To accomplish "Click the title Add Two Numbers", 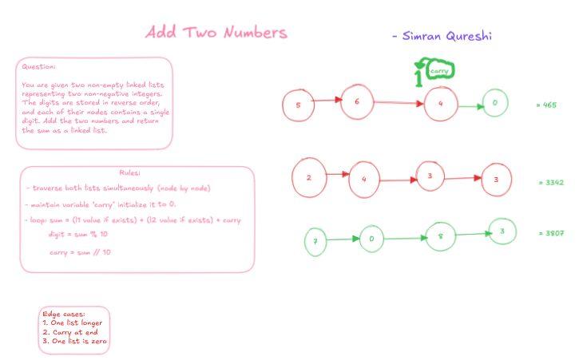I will pyautogui.click(x=216, y=33).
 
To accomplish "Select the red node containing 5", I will pyautogui.click(x=298, y=105).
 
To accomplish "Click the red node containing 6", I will pyautogui.click(x=357, y=101).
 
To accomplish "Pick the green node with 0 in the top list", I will pyautogui.click(x=495, y=103).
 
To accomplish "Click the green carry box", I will pyautogui.click(x=439, y=71).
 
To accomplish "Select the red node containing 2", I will pyautogui.click(x=308, y=176).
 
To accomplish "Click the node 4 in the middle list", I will pyautogui.click(x=363, y=180).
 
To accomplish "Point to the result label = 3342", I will pyautogui.click(x=552, y=183).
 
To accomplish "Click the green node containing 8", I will pyautogui.click(x=440, y=236).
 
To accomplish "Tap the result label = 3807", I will pyautogui.click(x=552, y=233).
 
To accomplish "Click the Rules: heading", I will pyautogui.click(x=130, y=172).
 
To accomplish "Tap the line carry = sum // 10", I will pyautogui.click(x=81, y=251).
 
